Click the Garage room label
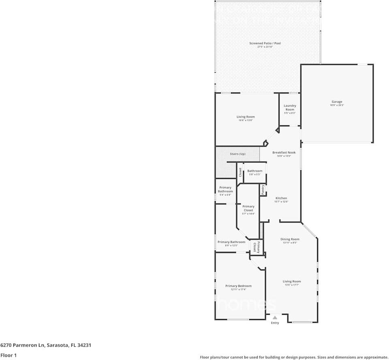(337, 102)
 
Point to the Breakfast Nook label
(284, 152)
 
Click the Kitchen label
(281, 198)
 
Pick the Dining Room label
(290, 239)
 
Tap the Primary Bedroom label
(238, 286)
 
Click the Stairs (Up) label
(237, 154)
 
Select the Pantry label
(263, 189)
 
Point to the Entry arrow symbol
(275, 318)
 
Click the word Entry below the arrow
(275, 323)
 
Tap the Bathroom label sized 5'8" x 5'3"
(255, 171)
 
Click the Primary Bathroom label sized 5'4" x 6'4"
(225, 189)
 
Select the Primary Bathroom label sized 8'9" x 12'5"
(231, 242)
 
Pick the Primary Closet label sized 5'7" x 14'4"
(248, 208)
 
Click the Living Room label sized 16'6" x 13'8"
(246, 117)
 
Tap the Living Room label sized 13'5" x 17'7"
(292, 281)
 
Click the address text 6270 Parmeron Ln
(22, 345)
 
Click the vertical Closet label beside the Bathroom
(240, 172)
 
